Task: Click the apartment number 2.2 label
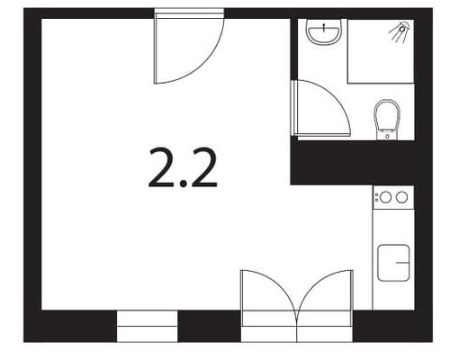point(183,168)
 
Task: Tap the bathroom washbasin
point(323,32)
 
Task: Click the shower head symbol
point(400,30)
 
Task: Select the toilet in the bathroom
point(387,120)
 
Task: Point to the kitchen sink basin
point(393,263)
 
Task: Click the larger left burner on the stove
point(385,197)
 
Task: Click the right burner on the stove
point(401,197)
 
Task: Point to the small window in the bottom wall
point(147,326)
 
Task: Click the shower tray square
point(381,51)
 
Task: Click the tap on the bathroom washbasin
point(324,28)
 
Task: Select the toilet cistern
point(387,135)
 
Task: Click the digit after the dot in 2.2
point(202,167)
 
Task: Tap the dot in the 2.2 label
point(183,184)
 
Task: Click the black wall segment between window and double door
point(210,326)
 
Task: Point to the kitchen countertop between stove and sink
point(393,227)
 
